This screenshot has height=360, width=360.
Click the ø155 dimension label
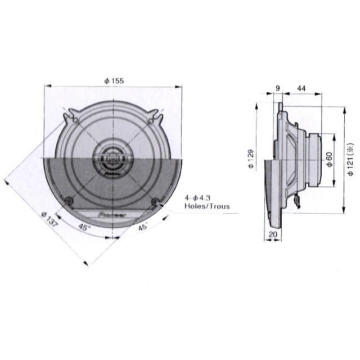114,81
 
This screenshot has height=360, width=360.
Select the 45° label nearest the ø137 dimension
85,228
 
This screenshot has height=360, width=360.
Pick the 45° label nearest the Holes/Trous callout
143,227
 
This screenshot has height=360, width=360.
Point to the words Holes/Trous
207,206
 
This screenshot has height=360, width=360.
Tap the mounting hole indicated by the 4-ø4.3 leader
156,201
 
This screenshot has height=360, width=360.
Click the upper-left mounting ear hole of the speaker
73,119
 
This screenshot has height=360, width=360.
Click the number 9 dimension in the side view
278,87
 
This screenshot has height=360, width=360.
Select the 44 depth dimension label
301,87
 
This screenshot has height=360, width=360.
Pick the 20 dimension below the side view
273,234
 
